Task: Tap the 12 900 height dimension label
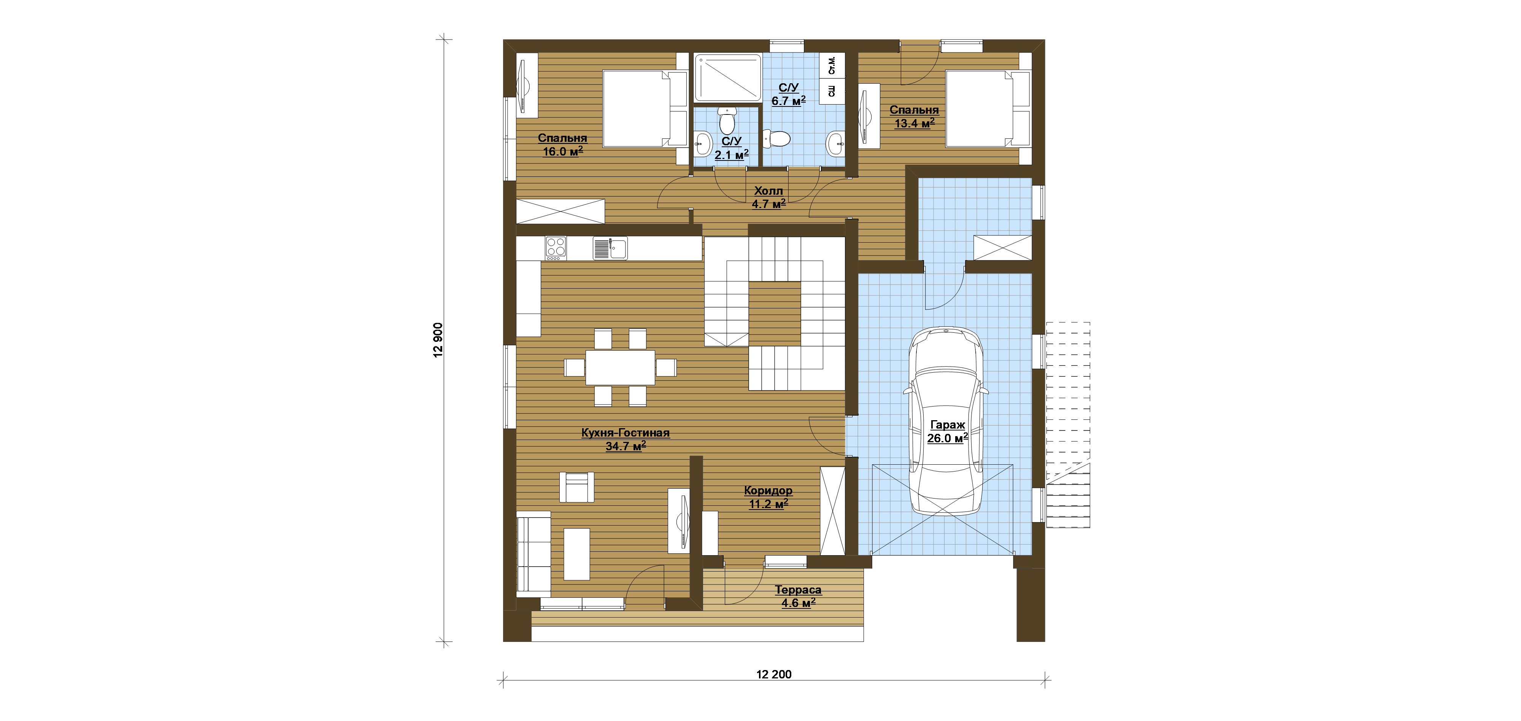click(x=438, y=340)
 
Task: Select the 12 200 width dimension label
click(x=773, y=674)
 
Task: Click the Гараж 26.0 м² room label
click(x=947, y=432)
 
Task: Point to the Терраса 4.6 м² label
click(x=798, y=596)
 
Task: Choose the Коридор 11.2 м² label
click(x=768, y=497)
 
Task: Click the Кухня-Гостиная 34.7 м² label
click(x=625, y=439)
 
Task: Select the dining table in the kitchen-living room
click(x=620, y=368)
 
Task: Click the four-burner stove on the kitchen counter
click(x=556, y=248)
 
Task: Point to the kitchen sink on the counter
click(x=610, y=248)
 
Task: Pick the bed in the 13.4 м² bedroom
click(x=988, y=109)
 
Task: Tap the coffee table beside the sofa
click(x=576, y=554)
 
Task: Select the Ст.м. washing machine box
click(x=832, y=65)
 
